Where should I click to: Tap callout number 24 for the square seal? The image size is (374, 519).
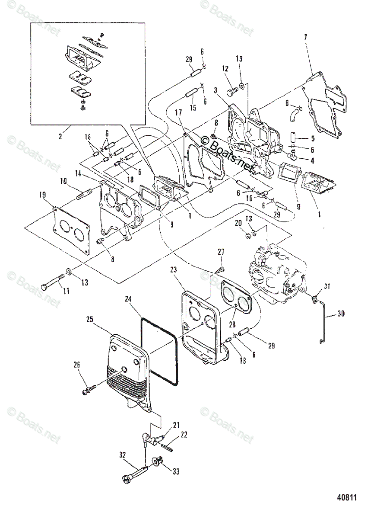pyautogui.click(x=128, y=299)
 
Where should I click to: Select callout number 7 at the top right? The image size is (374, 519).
pyautogui.click(x=305, y=37)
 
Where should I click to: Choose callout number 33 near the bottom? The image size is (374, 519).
pyautogui.click(x=176, y=471)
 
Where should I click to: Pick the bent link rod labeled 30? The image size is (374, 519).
pyautogui.click(x=323, y=320)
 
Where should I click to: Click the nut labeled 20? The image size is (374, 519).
pyautogui.click(x=248, y=236)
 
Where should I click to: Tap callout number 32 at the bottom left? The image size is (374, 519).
pyautogui.click(x=123, y=455)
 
